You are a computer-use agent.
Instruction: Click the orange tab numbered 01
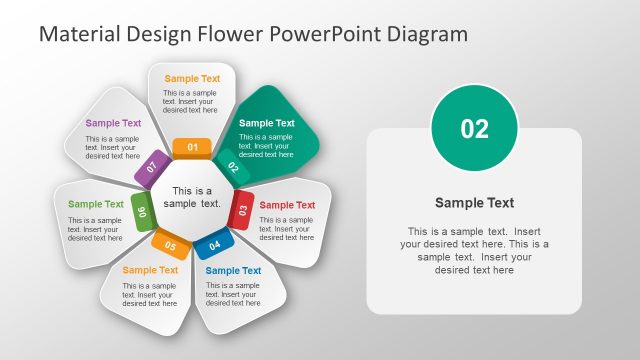coord(192,148)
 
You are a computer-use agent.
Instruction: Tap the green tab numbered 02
coord(232,166)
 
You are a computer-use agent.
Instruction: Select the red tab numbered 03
coord(241,210)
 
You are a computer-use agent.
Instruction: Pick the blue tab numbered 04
coord(214,244)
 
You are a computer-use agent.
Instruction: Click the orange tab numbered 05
coord(170,244)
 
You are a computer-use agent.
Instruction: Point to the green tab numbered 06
coord(142,211)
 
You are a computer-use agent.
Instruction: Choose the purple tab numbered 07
coord(152,167)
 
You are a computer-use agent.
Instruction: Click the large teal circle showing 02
coord(474,128)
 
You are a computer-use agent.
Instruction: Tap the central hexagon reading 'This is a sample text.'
coord(192,197)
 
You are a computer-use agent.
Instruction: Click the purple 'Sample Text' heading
coord(113,124)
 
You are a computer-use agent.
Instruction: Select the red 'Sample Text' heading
coord(287,205)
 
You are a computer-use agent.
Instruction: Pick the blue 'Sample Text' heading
coord(233,270)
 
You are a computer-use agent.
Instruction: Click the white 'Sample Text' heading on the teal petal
coord(267,123)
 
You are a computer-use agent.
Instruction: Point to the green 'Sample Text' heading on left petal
coord(96,204)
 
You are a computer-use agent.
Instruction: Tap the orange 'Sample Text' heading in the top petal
coord(192,78)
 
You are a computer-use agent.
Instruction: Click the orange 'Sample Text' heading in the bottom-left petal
coord(150,270)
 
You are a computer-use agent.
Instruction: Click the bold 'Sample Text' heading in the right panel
coord(474,203)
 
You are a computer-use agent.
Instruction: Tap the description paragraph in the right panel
coord(474,250)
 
